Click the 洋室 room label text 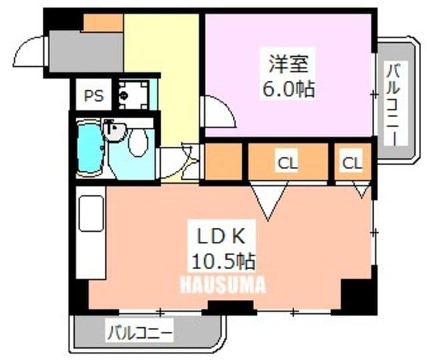point(288,63)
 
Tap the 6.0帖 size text point(288,89)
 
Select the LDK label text point(221,236)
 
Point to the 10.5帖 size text point(224,261)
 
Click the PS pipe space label point(93,96)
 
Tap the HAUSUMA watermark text point(223,285)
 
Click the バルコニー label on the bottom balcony point(140,333)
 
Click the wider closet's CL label point(288,164)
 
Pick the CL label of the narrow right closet point(352,163)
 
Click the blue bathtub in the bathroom point(89,148)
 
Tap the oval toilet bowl point(138,142)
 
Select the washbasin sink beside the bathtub point(115,131)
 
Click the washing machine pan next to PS point(134,95)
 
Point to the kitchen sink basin point(91,213)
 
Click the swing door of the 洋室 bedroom point(218,111)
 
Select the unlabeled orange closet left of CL point(224,162)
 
